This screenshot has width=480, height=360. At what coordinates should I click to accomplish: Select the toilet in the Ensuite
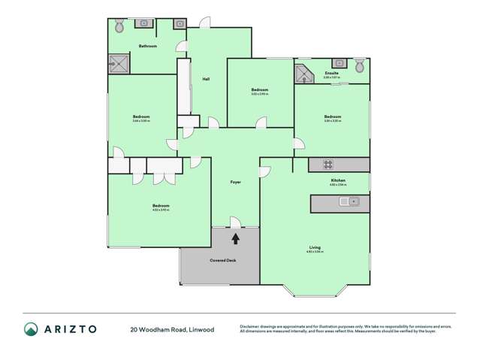click(x=359, y=65)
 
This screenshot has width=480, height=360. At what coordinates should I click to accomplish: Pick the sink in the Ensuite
click(x=339, y=64)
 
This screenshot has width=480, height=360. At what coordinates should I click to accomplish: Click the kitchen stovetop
click(x=328, y=164)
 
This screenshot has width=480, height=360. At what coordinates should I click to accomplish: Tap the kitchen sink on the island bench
click(x=349, y=201)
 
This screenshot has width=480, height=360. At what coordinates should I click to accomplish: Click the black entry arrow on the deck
click(x=236, y=239)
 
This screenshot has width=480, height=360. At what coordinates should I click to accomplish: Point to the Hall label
click(x=205, y=80)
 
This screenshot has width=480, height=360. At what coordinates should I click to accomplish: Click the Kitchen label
click(x=338, y=181)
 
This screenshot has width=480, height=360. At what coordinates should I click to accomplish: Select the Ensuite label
click(x=331, y=74)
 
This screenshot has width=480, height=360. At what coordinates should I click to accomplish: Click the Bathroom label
click(x=147, y=47)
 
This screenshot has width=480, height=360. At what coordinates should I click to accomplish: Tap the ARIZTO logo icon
click(x=31, y=328)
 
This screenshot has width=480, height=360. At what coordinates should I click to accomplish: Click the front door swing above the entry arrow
click(x=235, y=222)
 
